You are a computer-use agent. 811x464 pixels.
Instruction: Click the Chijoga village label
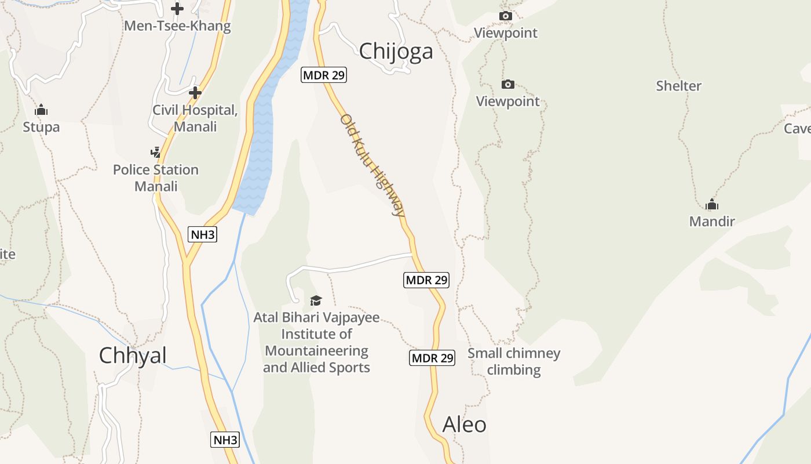(x=396, y=52)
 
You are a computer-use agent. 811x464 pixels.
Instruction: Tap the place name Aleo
(x=464, y=425)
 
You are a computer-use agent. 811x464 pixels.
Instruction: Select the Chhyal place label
(x=133, y=355)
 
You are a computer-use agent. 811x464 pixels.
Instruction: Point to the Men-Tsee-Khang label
(x=177, y=26)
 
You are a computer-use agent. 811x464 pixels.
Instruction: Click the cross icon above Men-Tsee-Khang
(x=177, y=9)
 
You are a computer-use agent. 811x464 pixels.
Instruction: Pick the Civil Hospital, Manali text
(x=195, y=118)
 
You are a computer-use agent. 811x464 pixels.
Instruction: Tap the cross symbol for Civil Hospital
(x=195, y=93)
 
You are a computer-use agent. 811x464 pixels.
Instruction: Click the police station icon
(x=155, y=153)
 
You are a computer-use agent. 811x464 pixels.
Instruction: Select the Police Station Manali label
(x=156, y=178)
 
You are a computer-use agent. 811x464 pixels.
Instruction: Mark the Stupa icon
(x=41, y=110)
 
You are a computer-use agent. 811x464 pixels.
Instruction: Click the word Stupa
(x=41, y=126)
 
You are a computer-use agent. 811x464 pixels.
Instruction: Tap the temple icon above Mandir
(x=712, y=204)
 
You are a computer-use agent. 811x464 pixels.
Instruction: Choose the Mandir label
(x=712, y=221)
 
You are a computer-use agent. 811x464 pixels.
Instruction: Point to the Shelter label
(x=678, y=86)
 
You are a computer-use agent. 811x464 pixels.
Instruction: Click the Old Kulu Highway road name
(x=372, y=165)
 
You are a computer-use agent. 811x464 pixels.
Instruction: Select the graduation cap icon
(x=316, y=300)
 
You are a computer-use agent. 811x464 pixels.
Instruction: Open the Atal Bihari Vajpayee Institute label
(x=316, y=342)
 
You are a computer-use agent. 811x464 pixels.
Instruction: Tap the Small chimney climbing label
(x=514, y=361)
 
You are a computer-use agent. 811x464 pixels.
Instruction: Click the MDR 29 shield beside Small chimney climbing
(x=432, y=358)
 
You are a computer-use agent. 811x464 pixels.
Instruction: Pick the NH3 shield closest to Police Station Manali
(x=203, y=234)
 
